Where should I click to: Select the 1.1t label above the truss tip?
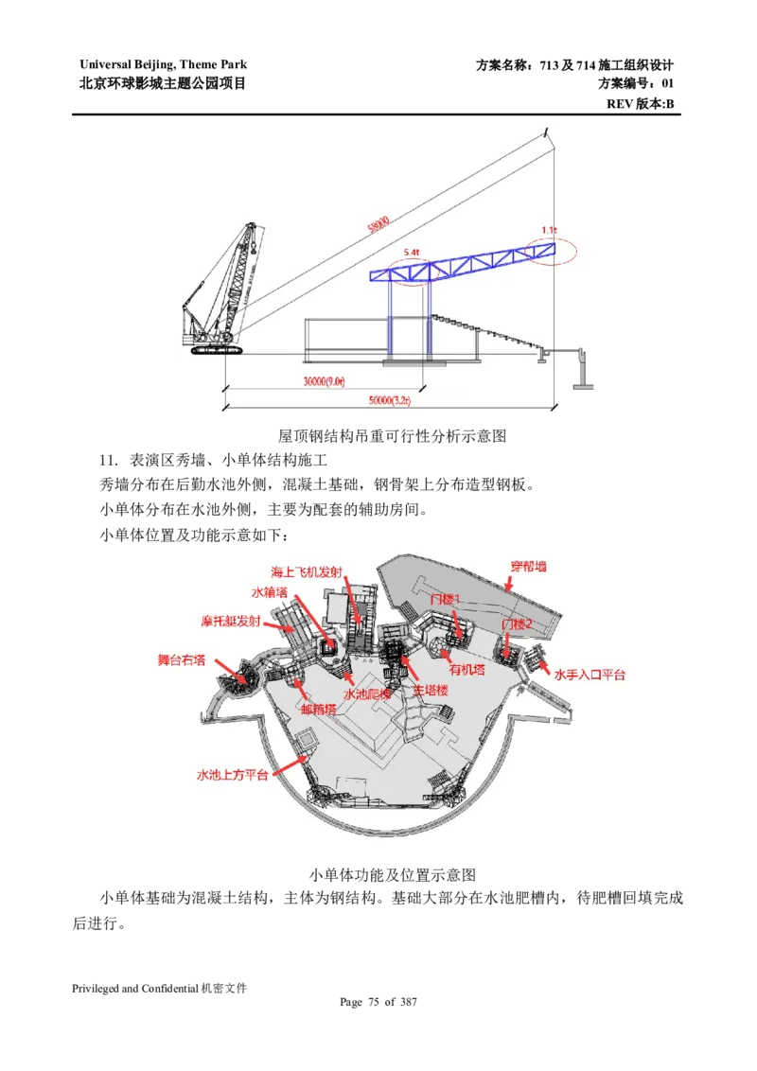tap(549, 229)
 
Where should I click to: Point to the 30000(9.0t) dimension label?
tap(322, 382)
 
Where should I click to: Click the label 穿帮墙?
tap(528, 567)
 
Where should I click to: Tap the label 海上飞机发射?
tap(307, 572)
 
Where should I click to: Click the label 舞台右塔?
tap(181, 659)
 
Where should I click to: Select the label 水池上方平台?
tap(234, 774)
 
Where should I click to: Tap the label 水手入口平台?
tap(590, 675)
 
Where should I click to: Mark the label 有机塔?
tap(467, 669)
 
